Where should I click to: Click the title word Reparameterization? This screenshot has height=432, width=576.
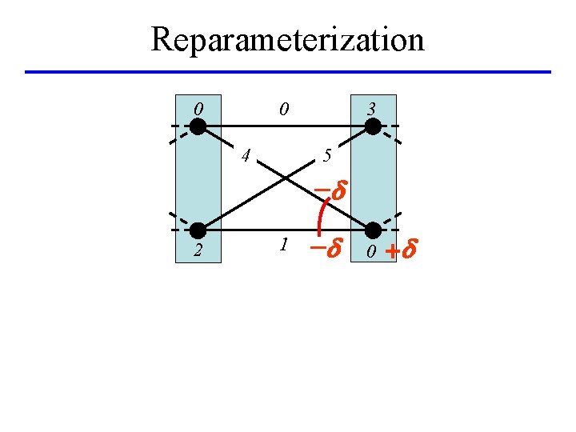(x=287, y=38)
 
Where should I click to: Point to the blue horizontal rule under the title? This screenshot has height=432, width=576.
(x=288, y=72)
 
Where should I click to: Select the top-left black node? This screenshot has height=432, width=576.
(x=198, y=126)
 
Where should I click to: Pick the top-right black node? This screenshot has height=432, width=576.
(x=373, y=126)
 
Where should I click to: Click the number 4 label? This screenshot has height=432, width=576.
(x=246, y=154)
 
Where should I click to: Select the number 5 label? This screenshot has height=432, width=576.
(x=326, y=155)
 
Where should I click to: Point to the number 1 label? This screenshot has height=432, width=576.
(x=284, y=245)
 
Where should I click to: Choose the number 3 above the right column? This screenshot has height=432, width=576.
(x=371, y=107)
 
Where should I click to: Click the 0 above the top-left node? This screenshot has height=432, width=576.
(x=198, y=107)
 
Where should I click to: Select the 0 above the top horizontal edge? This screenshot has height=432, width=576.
(x=284, y=107)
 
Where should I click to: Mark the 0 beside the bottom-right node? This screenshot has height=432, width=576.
(x=371, y=253)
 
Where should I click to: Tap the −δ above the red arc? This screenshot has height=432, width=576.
(x=328, y=193)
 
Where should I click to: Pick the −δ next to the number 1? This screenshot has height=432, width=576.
(x=326, y=249)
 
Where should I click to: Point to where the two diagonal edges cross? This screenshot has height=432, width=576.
(x=286, y=178)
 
